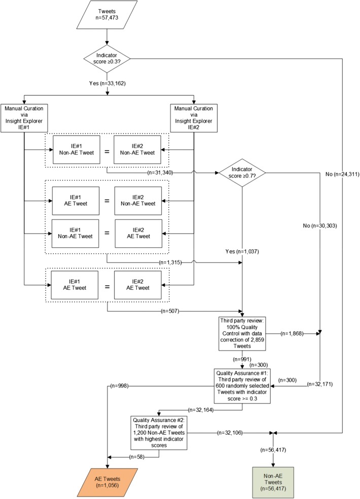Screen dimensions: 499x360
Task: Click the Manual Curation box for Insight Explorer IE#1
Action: point(24,118)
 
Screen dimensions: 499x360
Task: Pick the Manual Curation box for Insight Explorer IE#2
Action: point(193,118)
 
